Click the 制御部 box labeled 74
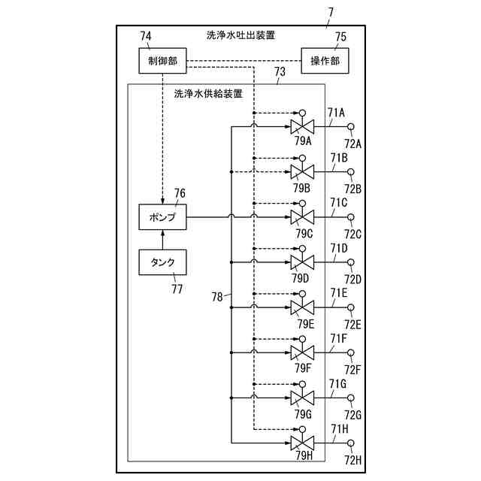tap(162, 61)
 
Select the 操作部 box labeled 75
tap(325, 61)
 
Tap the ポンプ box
tap(162, 217)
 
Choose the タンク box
tap(162, 262)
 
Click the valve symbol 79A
tap(302, 126)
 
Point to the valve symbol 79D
tap(302, 262)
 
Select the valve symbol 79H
tap(302, 443)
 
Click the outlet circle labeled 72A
tap(351, 126)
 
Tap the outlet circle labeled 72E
tap(351, 307)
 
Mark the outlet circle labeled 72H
tap(351, 443)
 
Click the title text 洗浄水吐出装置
tap(240, 35)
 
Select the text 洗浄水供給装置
tap(208, 93)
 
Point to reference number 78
tap(217, 297)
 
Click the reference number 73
tap(280, 72)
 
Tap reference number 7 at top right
tap(331, 13)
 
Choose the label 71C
tap(339, 202)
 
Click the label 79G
tap(303, 414)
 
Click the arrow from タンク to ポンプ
tap(162, 240)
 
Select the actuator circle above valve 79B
tap(302, 159)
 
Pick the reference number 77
tap(177, 289)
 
